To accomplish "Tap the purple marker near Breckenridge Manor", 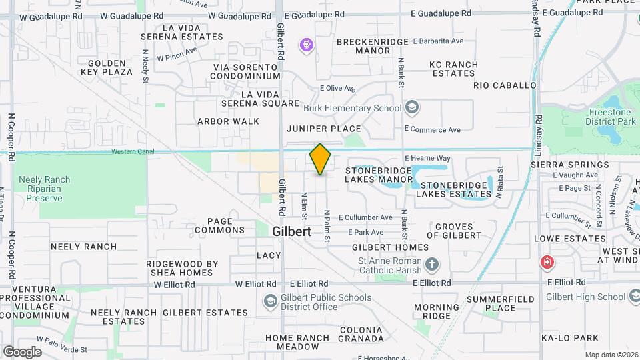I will [x=307, y=45].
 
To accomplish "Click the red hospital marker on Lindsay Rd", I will [x=547, y=262].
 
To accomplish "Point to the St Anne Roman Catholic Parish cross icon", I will [x=432, y=265].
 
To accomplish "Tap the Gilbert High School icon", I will [x=633, y=297].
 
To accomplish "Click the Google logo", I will [x=22, y=351].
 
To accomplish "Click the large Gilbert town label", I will [x=292, y=231].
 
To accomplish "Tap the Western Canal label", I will [x=133, y=151].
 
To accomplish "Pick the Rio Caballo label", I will [x=505, y=85].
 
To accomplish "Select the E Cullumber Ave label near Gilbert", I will [x=365, y=217].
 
